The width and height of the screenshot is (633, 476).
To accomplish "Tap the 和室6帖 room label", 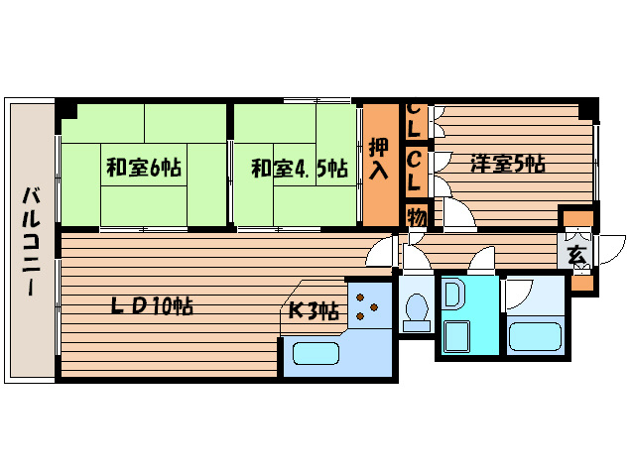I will point(145,167).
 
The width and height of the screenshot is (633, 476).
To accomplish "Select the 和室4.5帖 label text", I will point(298,168).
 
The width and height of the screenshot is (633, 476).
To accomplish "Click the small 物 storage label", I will point(416,215).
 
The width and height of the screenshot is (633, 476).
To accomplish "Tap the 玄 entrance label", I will point(577,254).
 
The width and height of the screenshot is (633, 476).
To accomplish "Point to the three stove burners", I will point(366,305).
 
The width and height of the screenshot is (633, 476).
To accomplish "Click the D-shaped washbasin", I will point(453,295).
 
